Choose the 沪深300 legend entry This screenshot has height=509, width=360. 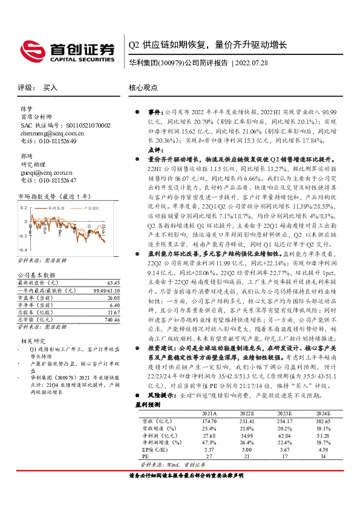[85, 207]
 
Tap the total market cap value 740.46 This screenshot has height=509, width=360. [113, 319]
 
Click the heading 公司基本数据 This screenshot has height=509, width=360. [33, 274]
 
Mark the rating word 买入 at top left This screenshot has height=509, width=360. [50, 88]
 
